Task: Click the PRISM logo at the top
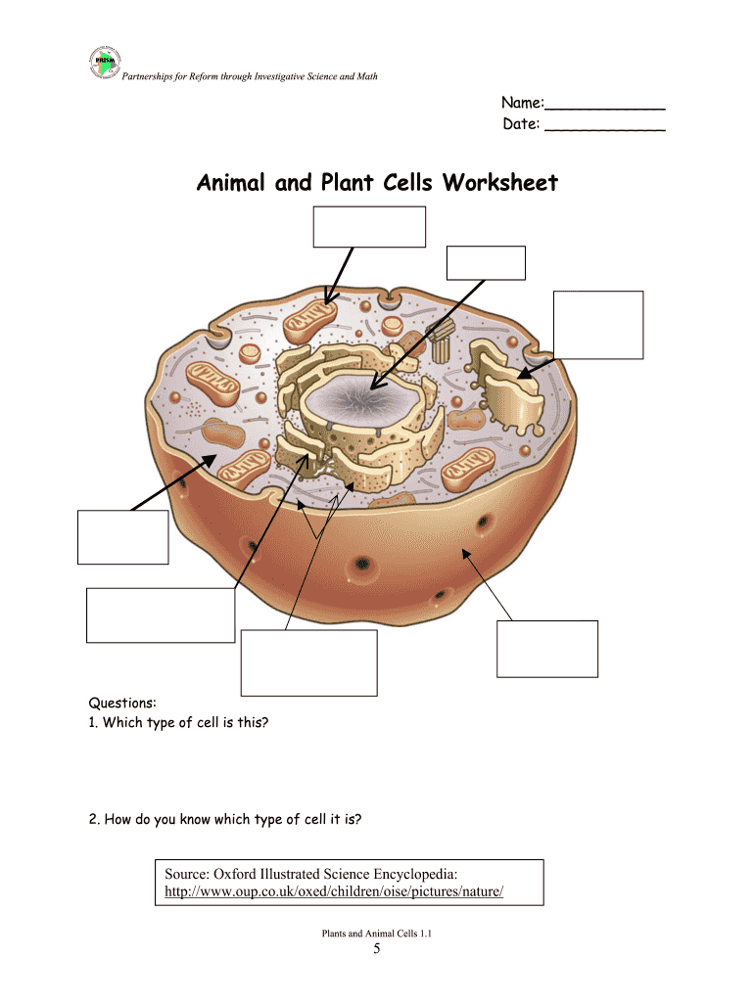pos(105,63)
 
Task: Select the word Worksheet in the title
pos(500,183)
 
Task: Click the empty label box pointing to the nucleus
pos(486,263)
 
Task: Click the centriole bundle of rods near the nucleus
pos(441,341)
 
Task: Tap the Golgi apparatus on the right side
pos(506,386)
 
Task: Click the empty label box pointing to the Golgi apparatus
pos(598,325)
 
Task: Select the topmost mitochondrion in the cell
pos(310,321)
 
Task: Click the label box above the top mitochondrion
pos(369,227)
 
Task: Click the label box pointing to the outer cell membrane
pos(547,649)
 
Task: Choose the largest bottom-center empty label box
pos(308,662)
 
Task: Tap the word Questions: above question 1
pos(122,703)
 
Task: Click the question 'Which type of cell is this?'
pos(185,723)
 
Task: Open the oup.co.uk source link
pos(334,891)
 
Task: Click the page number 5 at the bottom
pos(377,948)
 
